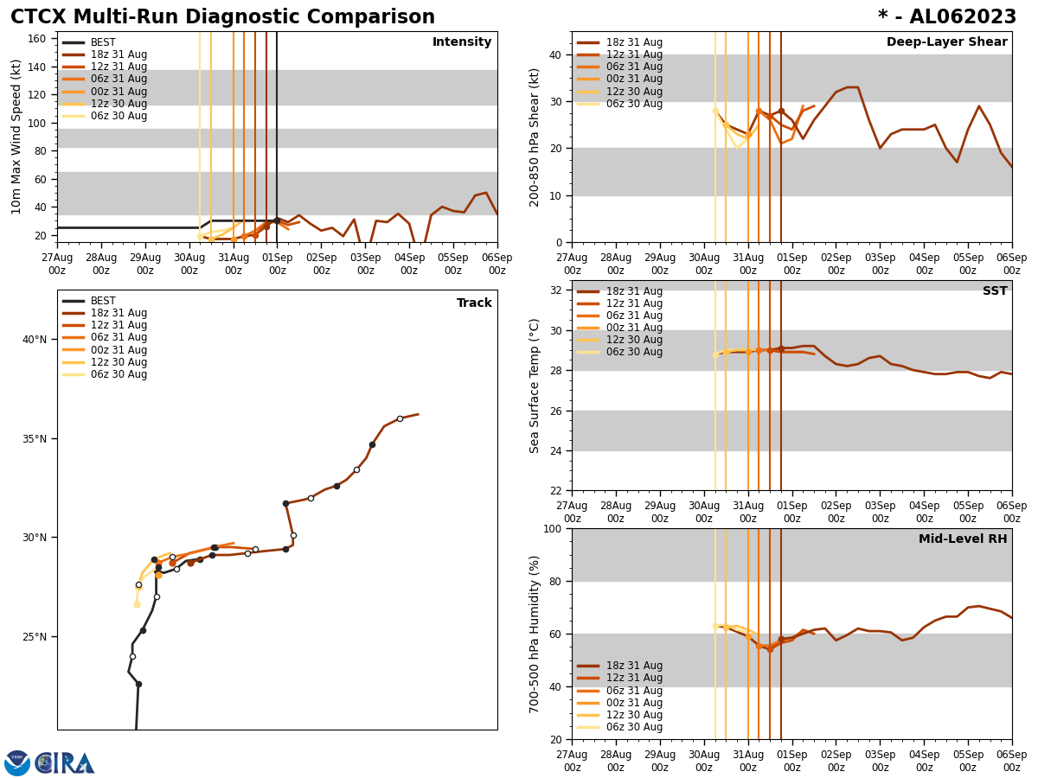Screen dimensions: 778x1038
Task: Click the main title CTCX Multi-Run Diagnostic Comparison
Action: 222,17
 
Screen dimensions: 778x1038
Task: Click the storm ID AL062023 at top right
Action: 947,17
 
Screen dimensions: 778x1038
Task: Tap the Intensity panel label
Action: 462,42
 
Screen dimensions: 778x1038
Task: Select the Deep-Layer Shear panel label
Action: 946,42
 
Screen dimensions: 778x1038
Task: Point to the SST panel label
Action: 995,291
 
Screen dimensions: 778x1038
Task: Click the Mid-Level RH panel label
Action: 963,539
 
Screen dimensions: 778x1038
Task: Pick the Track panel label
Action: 474,303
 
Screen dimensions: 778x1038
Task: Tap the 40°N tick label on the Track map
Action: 35,340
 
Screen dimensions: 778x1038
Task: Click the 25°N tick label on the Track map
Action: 35,637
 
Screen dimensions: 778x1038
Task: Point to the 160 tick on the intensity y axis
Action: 36,39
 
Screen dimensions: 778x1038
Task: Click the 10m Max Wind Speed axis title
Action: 16,137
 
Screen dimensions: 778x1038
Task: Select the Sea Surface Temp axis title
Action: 535,386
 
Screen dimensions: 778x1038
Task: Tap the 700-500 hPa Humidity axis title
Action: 535,634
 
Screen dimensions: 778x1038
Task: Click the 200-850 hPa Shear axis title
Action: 535,137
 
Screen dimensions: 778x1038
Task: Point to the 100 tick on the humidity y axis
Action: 551,529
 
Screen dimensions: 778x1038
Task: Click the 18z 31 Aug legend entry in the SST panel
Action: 633,291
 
